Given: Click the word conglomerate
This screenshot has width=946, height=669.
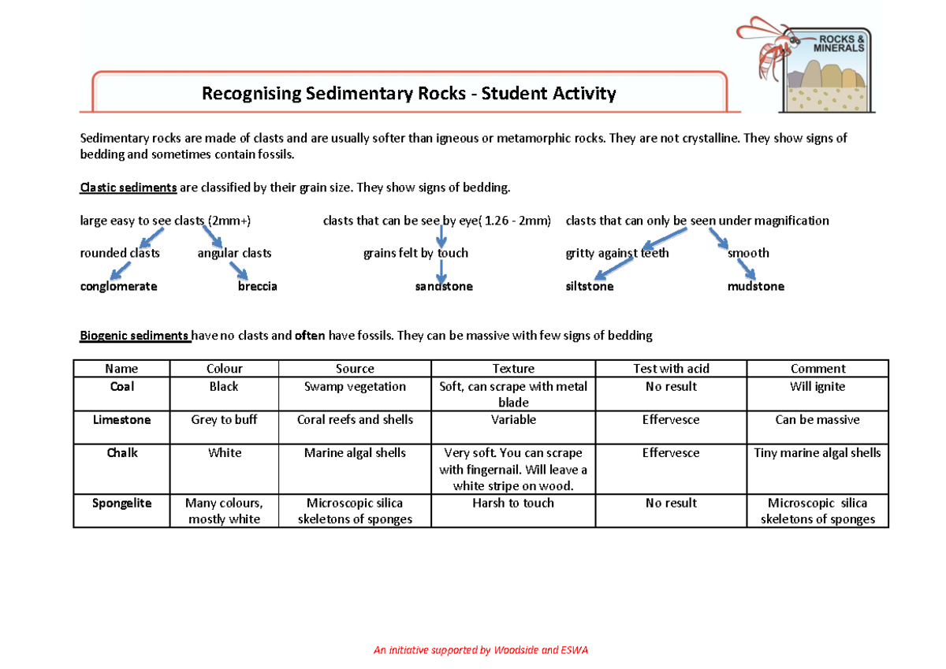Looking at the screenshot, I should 118,287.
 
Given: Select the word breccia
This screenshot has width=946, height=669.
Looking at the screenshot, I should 258,287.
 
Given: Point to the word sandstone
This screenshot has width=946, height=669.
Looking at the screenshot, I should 444,287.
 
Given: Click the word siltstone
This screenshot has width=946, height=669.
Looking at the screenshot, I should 590,287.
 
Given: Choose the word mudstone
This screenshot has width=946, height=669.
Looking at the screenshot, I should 756,287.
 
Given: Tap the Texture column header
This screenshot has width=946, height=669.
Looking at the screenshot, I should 513,369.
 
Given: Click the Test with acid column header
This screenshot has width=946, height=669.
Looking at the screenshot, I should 671,369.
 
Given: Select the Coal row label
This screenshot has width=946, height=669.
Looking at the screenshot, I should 122,387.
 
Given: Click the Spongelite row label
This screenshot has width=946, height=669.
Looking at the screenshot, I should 121,503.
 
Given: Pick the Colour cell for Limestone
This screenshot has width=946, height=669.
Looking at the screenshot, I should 224,420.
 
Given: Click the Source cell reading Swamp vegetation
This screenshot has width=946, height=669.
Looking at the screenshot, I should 355,387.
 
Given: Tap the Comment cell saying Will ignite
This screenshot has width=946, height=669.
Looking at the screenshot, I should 818,387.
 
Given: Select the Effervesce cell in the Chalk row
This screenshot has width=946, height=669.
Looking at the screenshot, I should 671,453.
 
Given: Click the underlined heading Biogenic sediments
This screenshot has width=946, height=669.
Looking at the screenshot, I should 135,336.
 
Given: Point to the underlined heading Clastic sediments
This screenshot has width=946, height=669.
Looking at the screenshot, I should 128,188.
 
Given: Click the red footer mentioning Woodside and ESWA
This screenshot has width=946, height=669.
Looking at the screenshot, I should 481,650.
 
